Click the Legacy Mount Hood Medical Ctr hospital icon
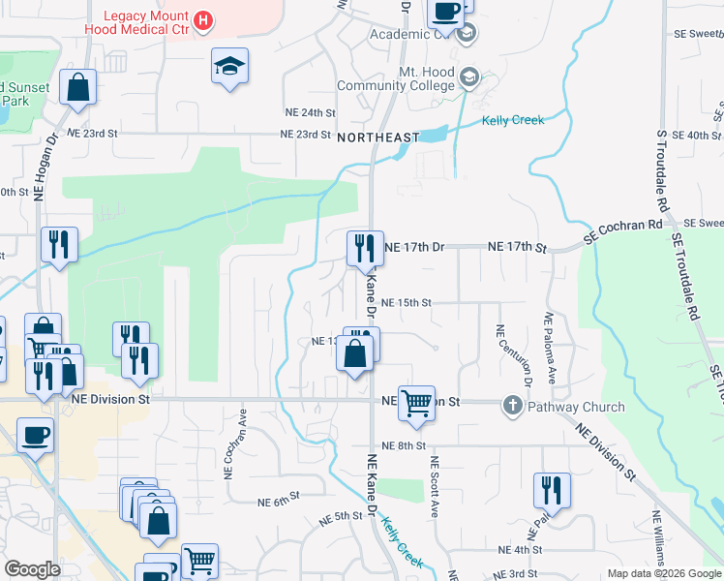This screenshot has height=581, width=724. pos(202,20)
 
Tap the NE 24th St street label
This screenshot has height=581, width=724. pos(311,113)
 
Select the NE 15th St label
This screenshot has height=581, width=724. pos(406,302)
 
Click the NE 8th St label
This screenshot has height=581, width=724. pos(404,445)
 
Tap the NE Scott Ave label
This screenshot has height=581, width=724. pos(436,486)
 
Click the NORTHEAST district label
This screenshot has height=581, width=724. pos(378,138)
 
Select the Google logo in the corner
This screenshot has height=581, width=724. pos(33,570)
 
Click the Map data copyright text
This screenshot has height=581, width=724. pos(664,574)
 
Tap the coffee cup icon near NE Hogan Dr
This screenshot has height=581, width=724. pos(35,437)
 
